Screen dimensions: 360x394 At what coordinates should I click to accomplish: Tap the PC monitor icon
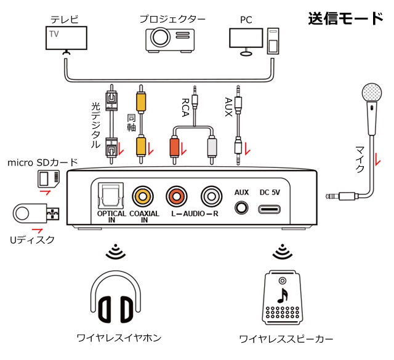coord(247,38)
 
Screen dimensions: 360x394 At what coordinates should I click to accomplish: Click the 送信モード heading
coord(345,18)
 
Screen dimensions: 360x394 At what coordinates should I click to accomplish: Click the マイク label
coord(360,158)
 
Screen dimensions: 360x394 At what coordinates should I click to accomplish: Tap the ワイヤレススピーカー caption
coord(285,339)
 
